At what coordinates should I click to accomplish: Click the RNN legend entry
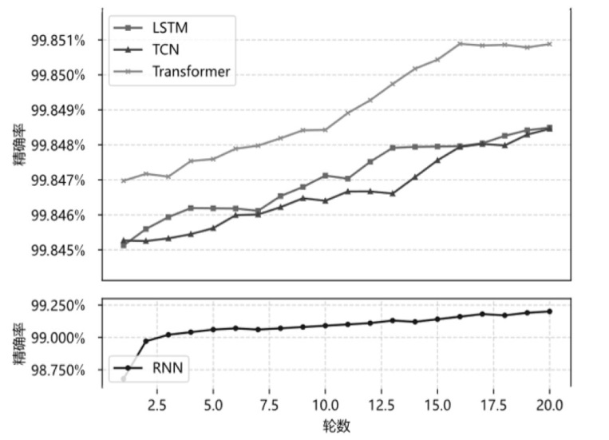tap(164, 368)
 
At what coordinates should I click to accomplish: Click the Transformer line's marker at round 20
tap(549, 44)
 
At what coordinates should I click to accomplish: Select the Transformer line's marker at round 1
tap(124, 180)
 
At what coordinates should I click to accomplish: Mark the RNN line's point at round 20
tap(549, 311)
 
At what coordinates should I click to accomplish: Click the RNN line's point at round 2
tap(146, 341)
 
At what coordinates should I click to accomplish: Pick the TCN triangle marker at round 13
tap(393, 193)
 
